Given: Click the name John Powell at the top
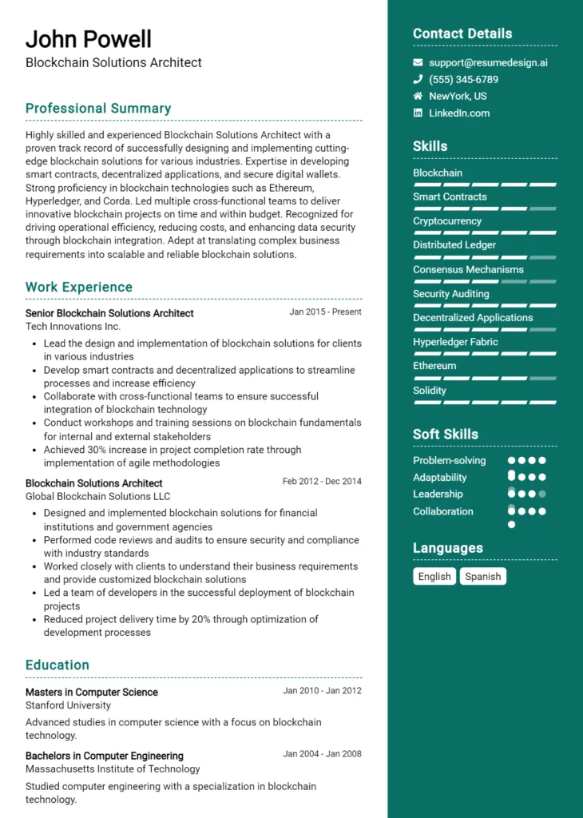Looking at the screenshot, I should pyautogui.click(x=88, y=38).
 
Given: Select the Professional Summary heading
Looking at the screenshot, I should pyautogui.click(x=98, y=109).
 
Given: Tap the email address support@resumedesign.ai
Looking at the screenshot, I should pyautogui.click(x=488, y=62).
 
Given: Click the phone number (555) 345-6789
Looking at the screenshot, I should pyautogui.click(x=463, y=79).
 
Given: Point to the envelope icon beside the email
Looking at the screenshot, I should pyautogui.click(x=418, y=62).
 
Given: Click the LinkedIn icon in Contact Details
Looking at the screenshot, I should pyautogui.click(x=418, y=113).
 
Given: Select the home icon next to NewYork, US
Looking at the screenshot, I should pyautogui.click(x=418, y=96).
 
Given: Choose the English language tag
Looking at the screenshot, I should pyautogui.click(x=434, y=576).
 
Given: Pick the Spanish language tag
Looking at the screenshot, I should pyautogui.click(x=482, y=576).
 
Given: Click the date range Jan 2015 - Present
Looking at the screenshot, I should pyautogui.click(x=325, y=312).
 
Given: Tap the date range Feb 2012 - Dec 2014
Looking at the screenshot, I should pyautogui.click(x=322, y=482).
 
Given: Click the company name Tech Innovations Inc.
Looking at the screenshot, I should pyautogui.click(x=73, y=327).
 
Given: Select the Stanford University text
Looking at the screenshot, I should pyautogui.click(x=68, y=705).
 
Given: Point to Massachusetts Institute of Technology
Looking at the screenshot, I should pyautogui.click(x=113, y=769).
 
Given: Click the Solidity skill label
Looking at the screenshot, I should pyautogui.click(x=430, y=391).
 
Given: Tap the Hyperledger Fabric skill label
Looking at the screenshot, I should pyautogui.click(x=455, y=342).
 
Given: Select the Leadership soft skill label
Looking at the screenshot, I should pyautogui.click(x=438, y=494).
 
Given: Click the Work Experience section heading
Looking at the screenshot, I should pyautogui.click(x=79, y=288).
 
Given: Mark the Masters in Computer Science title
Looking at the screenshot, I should pyautogui.click(x=92, y=693).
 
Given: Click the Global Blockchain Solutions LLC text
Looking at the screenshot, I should pyautogui.click(x=98, y=496).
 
